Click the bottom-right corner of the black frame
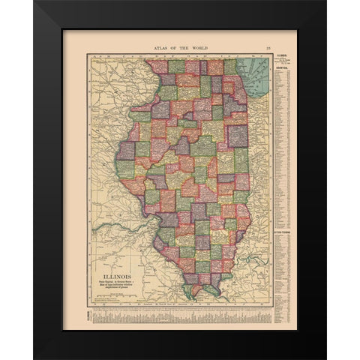click(x=325, y=357)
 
